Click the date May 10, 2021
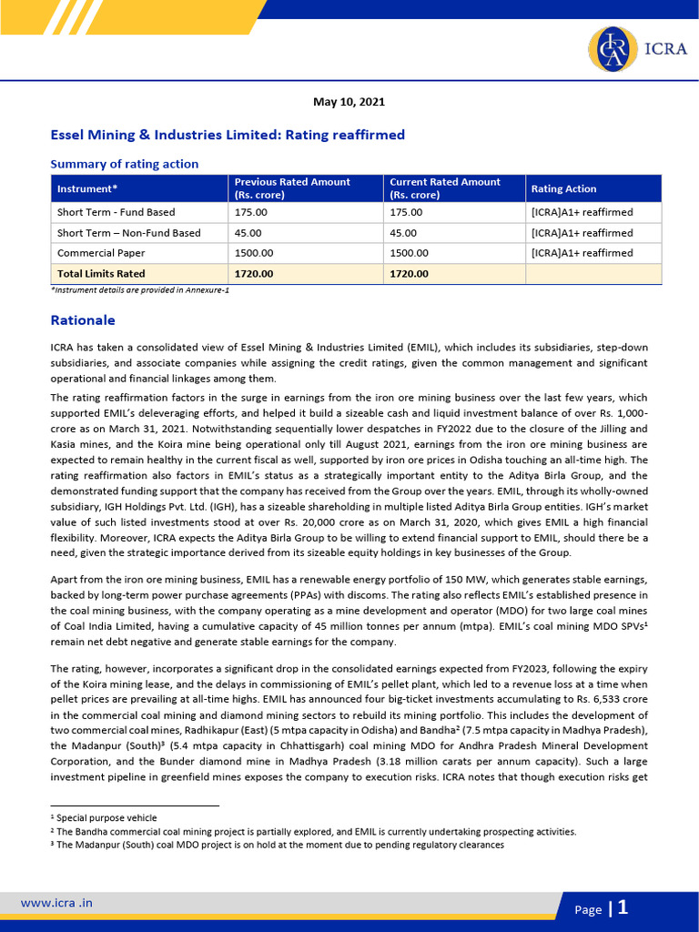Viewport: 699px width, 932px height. click(349, 102)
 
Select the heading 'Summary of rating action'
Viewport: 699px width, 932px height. click(124, 164)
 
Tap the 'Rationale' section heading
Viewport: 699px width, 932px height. click(83, 320)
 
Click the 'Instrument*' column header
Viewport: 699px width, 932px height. click(87, 188)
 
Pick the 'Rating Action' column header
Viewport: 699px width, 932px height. click(563, 188)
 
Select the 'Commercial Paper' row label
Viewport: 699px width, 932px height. click(101, 253)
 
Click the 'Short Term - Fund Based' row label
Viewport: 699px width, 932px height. click(116, 212)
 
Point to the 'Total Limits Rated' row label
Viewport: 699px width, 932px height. click(101, 273)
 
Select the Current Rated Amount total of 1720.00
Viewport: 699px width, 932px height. click(409, 273)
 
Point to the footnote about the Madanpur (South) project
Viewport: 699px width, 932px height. click(279, 845)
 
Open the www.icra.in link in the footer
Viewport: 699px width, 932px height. click(56, 903)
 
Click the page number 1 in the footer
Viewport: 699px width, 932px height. click(623, 907)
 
